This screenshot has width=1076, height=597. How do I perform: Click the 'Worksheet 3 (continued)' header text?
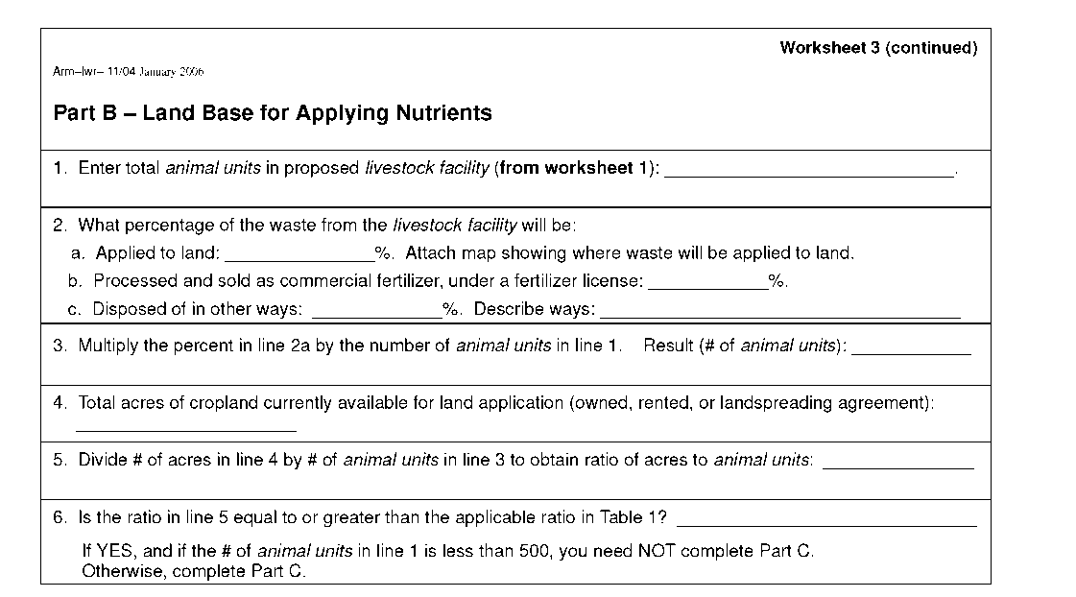pos(878,48)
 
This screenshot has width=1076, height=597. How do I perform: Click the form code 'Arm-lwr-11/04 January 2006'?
pos(129,72)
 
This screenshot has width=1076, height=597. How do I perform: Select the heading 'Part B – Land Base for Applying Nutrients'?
pos(273,113)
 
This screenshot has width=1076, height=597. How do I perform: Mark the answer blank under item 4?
pos(185,427)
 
